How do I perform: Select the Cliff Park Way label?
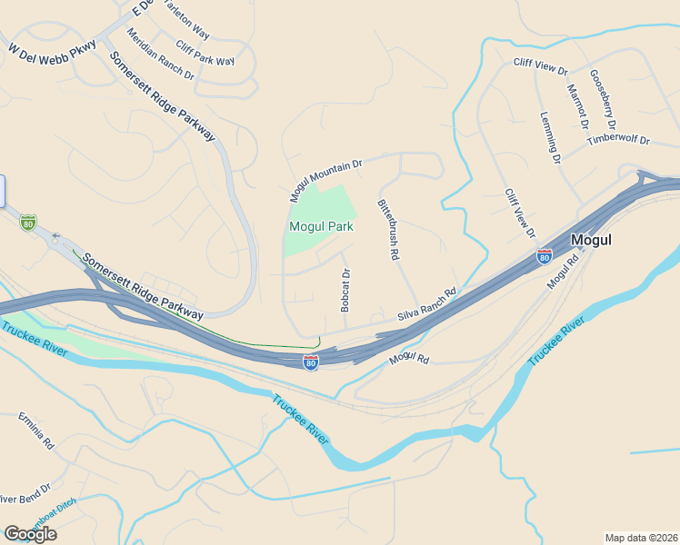tap(205, 54)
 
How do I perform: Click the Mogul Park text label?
tap(321, 226)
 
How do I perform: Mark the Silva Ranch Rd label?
tap(426, 306)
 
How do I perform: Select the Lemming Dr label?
tap(550, 138)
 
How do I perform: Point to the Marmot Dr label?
tap(578, 106)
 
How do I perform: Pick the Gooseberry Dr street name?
tap(603, 99)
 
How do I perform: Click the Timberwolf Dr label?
tap(619, 140)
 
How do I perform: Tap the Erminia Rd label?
tap(36, 431)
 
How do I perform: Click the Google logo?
tap(30, 533)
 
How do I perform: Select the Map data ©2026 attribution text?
tap(641, 537)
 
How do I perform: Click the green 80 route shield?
tap(28, 221)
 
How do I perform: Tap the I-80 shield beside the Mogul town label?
tap(545, 255)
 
